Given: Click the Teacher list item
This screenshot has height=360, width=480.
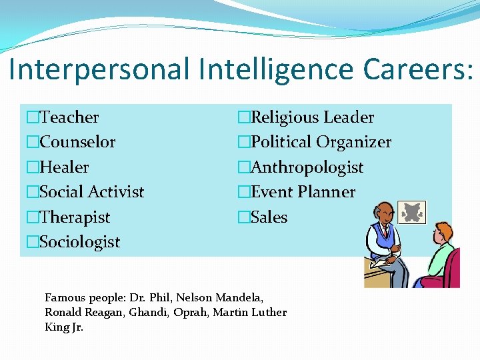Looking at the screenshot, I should pyautogui.click(x=69, y=117).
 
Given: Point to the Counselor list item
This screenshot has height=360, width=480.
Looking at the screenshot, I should pyautogui.click(x=77, y=142).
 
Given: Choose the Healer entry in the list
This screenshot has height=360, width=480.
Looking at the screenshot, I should pyautogui.click(x=64, y=167).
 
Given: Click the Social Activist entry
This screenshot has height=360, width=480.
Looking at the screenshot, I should pyautogui.click(x=92, y=192).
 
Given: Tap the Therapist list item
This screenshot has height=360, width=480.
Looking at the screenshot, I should pyautogui.click(x=75, y=217).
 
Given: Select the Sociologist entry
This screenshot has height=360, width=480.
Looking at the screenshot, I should pyautogui.click(x=80, y=242).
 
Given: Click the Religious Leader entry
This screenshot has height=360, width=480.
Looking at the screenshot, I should pyautogui.click(x=312, y=117).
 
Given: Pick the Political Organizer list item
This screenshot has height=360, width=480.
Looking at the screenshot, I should pyautogui.click(x=321, y=142).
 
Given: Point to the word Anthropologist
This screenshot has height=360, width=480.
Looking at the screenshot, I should pyautogui.click(x=307, y=167).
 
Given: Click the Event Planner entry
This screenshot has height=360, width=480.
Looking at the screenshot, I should pyautogui.click(x=303, y=192).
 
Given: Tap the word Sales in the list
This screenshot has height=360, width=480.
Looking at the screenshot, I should pyautogui.click(x=269, y=217).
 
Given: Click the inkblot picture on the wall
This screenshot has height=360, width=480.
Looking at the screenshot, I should pyautogui.click(x=411, y=213).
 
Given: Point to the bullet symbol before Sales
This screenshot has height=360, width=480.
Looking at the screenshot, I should pyautogui.click(x=244, y=217).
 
